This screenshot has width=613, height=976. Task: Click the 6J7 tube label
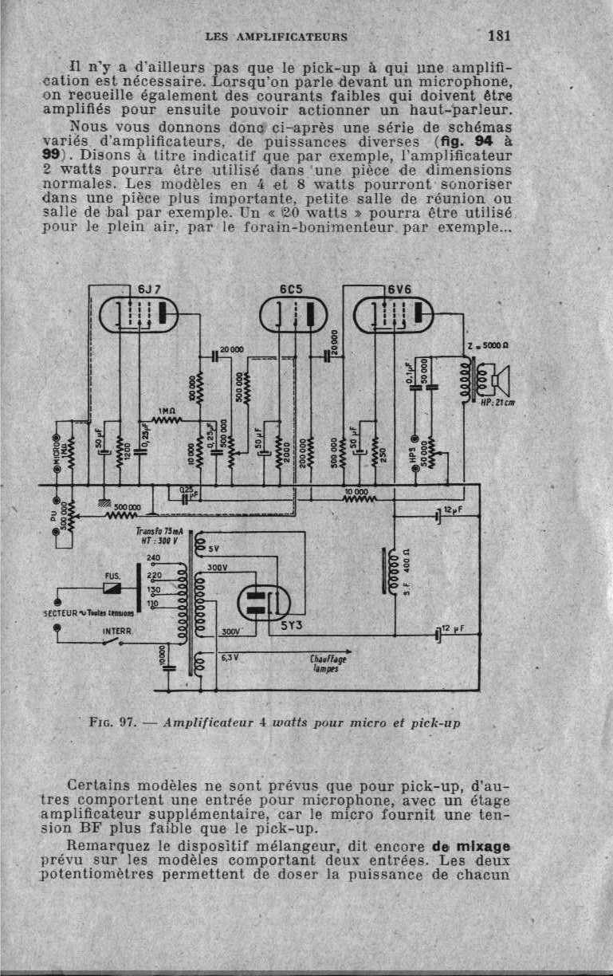[x=149, y=289]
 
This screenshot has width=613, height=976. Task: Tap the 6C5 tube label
[x=290, y=289]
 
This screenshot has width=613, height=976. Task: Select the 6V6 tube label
[x=399, y=289]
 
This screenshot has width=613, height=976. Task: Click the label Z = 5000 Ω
[x=487, y=346]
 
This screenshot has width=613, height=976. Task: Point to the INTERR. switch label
[x=115, y=630]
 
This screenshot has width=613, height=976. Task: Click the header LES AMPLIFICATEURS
[x=276, y=36]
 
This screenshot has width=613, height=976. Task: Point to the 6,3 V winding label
[x=230, y=659]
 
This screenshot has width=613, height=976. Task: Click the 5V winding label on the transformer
[x=214, y=548]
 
